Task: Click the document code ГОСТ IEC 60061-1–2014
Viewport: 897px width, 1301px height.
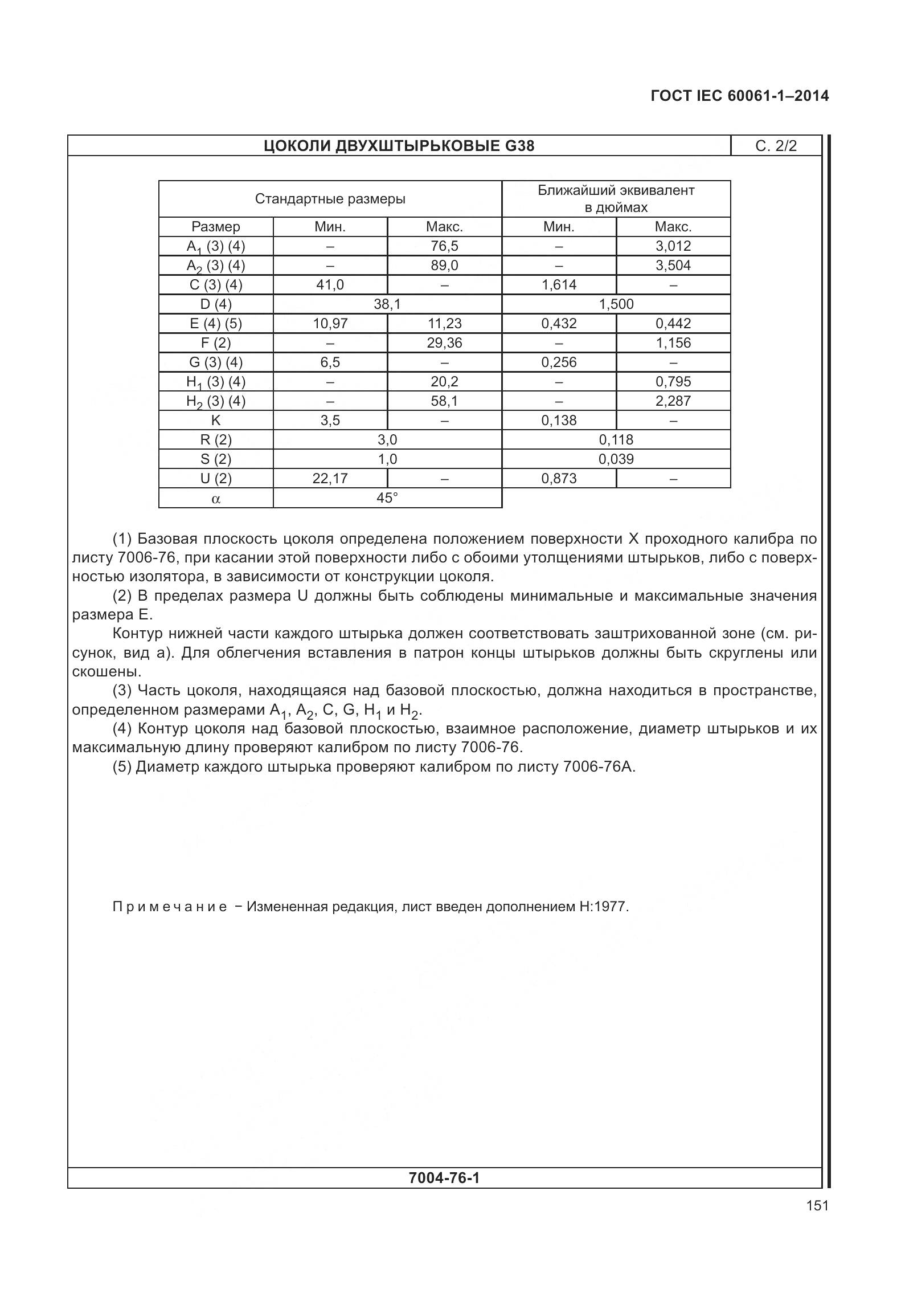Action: coord(739,96)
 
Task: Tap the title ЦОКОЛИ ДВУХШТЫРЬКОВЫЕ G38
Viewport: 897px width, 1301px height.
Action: coord(399,146)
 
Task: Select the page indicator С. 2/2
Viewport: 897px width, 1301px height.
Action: coord(776,146)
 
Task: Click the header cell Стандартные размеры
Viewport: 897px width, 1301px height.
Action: coord(330,199)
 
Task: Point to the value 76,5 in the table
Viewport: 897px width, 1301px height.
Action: coord(444,246)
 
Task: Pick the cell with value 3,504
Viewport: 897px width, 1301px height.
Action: coord(673,266)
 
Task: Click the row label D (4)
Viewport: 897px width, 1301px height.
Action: coord(216,304)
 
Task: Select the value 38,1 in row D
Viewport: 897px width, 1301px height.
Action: coord(387,304)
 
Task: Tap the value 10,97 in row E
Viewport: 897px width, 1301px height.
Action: coord(330,324)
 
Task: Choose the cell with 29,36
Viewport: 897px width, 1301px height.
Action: coord(444,343)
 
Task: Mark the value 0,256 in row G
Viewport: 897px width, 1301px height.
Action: coord(559,362)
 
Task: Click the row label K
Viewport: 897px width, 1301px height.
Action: coord(216,421)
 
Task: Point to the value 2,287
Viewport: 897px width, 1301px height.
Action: coord(673,401)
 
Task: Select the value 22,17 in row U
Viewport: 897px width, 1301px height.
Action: coord(330,479)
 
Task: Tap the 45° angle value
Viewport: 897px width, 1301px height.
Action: coord(387,498)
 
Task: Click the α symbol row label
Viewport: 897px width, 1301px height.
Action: coord(216,499)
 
